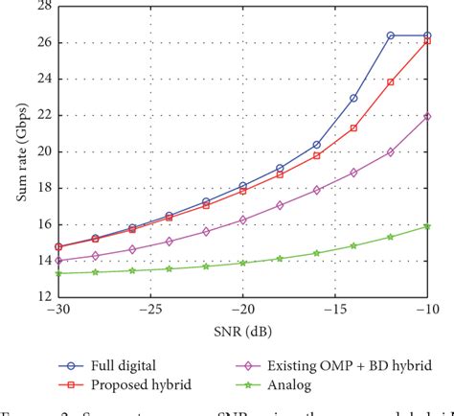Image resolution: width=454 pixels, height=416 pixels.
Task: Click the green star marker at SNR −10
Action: point(427,226)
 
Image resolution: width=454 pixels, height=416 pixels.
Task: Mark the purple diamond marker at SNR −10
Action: point(427,116)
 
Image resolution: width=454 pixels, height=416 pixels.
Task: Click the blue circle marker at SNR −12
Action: point(391,35)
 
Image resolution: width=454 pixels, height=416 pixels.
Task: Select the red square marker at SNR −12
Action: point(391,82)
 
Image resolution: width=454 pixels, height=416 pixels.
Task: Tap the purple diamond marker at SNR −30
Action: point(59,260)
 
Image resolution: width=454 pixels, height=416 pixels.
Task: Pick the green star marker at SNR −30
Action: point(59,273)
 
